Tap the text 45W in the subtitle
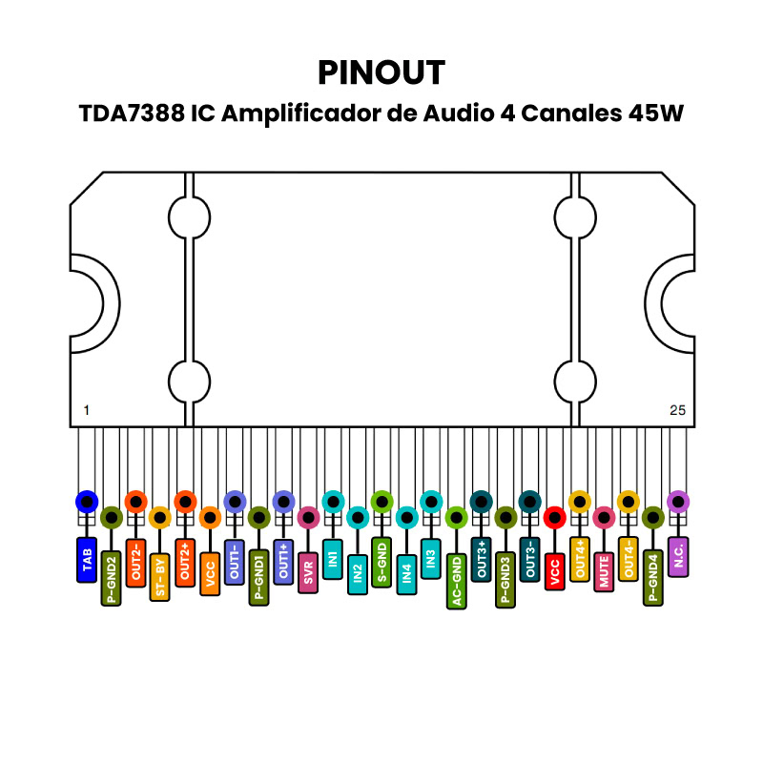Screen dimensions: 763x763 [x=655, y=113]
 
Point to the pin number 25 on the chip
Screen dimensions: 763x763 [x=677, y=410]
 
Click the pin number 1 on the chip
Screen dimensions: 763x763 [x=87, y=410]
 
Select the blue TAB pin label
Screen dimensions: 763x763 [x=87, y=560]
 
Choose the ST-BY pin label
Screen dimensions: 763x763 [x=160, y=576]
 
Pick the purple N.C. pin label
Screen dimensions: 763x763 [x=677, y=556]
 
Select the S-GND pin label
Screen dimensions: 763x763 [x=381, y=562]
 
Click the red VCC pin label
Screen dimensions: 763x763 [x=554, y=571]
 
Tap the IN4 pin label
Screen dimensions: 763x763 [x=406, y=574]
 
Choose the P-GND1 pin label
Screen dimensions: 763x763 [x=258, y=577]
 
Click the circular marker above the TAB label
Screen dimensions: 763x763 [x=87, y=502]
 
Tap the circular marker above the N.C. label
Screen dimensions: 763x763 [x=677, y=502]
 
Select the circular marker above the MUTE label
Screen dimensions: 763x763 [x=604, y=518]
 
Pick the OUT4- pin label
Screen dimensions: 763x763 [x=628, y=559]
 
